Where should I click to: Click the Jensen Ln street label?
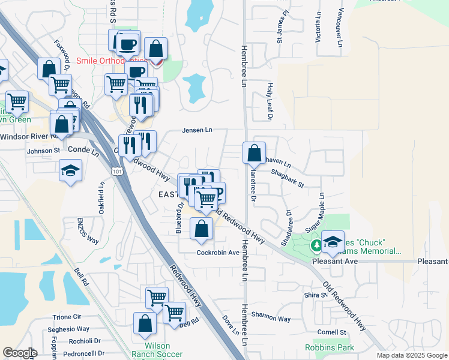tap(197, 130)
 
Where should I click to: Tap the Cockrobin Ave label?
tap(218, 253)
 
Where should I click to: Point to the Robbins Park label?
tap(330, 347)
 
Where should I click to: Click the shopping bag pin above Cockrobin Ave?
tap(202, 229)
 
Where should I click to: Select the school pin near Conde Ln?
tap(71, 170)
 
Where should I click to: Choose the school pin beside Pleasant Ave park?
tap(333, 241)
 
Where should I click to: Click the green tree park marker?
tap(316, 245)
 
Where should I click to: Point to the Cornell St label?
tap(332, 332)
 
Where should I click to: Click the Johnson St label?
tap(43, 151)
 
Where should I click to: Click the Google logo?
tap(20, 353)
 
